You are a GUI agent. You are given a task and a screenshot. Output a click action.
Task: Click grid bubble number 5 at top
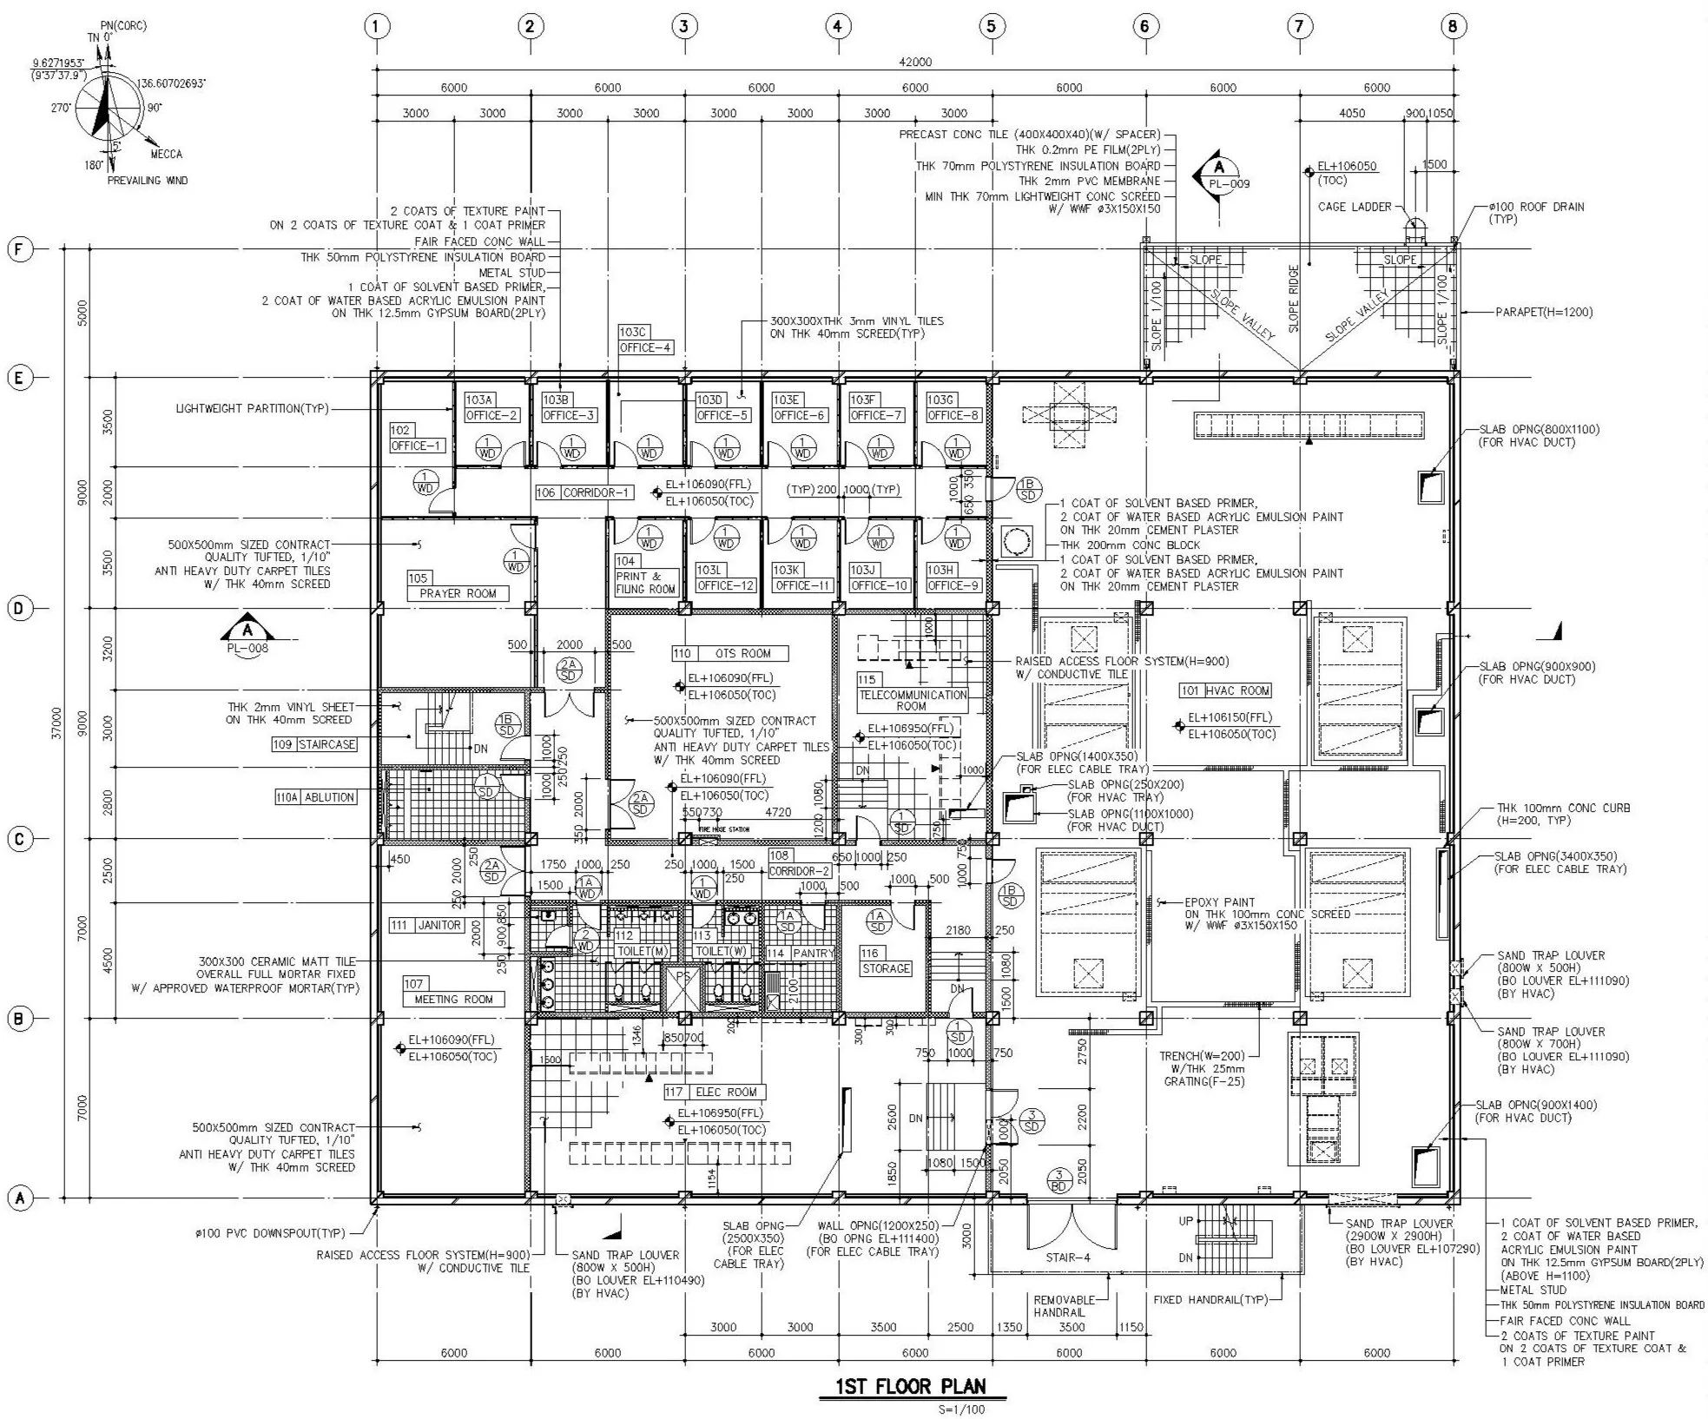pyautogui.click(x=991, y=26)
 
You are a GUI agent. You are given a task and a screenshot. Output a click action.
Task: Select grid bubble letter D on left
pyautogui.click(x=19, y=608)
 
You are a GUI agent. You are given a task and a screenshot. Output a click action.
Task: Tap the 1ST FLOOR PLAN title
pyautogui.click(x=911, y=1386)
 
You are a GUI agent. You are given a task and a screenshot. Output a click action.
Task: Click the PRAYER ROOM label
pyautogui.click(x=458, y=593)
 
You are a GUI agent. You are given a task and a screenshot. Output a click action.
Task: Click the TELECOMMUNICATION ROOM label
pyautogui.click(x=912, y=700)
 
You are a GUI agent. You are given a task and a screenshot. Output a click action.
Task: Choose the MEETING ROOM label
pyautogui.click(x=453, y=999)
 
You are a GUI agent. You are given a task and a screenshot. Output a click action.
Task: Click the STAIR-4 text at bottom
pyautogui.click(x=1068, y=1257)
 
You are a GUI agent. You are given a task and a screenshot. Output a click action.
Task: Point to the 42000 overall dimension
pyautogui.click(x=915, y=62)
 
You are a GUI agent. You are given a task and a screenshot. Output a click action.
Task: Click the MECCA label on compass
pyautogui.click(x=166, y=154)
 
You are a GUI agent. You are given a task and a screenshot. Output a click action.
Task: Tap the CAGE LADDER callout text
pyautogui.click(x=1354, y=207)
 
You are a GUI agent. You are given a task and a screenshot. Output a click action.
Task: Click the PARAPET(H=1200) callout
pyautogui.click(x=1543, y=312)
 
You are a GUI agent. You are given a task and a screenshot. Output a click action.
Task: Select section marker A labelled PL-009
pyautogui.click(x=1219, y=173)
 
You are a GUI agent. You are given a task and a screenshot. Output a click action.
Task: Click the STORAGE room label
pyautogui.click(x=886, y=968)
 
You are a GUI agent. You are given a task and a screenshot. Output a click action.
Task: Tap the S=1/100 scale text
pyautogui.click(x=961, y=1409)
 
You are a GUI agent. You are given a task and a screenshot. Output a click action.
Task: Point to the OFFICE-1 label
pyautogui.click(x=417, y=445)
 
